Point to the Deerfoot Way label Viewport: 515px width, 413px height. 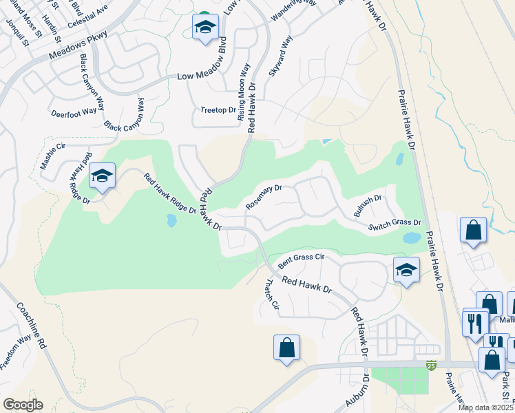pos(74,111)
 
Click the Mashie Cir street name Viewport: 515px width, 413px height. pos(52,156)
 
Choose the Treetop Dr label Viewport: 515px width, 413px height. pos(218,109)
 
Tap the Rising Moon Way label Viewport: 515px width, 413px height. pos(242,92)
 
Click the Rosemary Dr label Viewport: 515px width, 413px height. pos(264,198)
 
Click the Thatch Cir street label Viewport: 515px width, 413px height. pos(273,293)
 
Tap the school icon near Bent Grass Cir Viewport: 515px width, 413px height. pos(406,268)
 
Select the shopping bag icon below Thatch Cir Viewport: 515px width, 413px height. pos(286,347)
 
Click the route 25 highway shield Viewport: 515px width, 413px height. pos(431,364)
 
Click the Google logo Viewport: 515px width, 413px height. pos(23,405)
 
